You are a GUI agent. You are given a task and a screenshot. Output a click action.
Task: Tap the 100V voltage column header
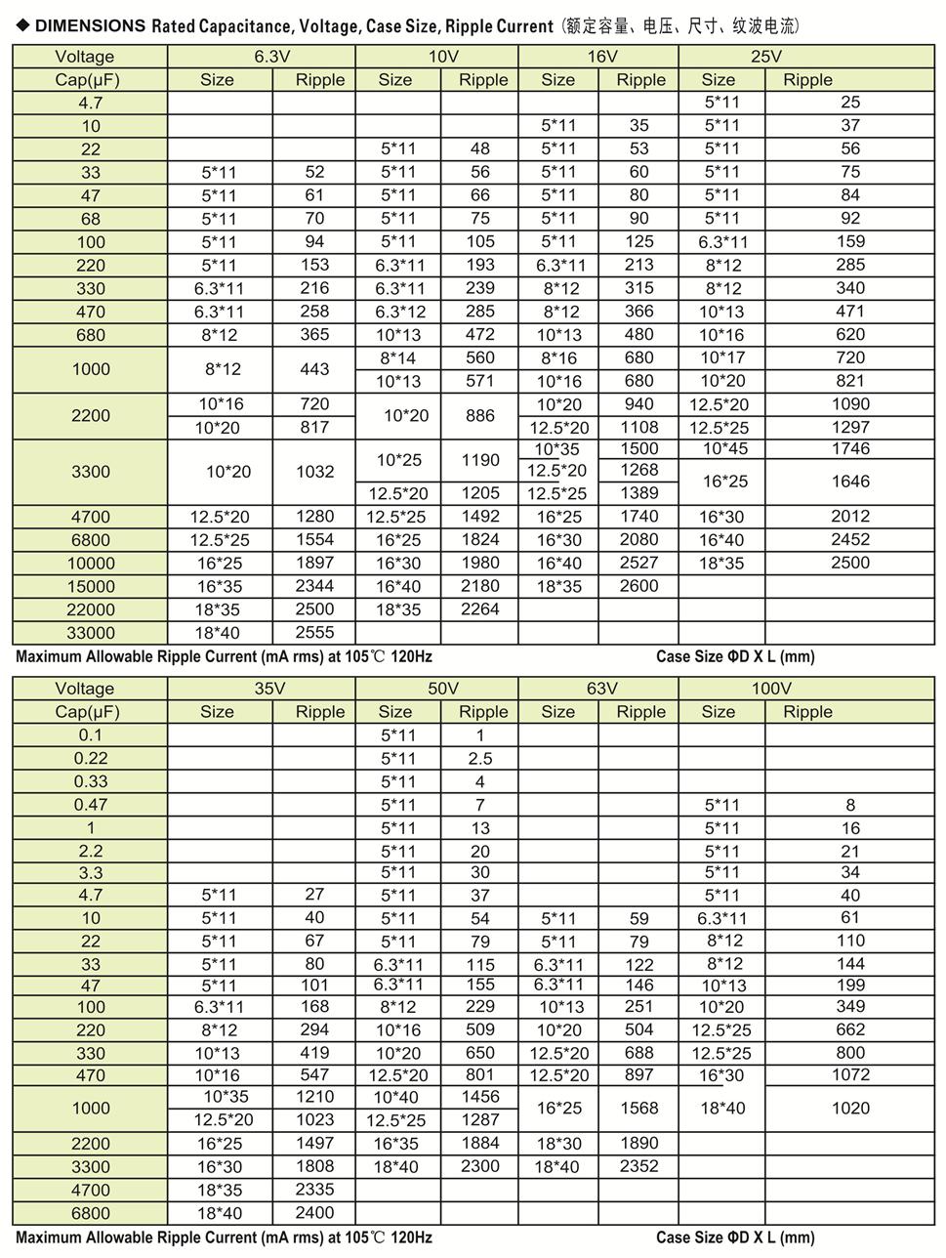770,689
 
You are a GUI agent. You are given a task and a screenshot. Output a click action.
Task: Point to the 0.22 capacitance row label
91,758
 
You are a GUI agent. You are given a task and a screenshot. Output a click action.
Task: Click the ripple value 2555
314,632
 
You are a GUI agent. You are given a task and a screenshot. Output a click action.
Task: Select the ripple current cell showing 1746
850,448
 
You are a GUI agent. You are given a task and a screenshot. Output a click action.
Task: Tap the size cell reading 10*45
723,448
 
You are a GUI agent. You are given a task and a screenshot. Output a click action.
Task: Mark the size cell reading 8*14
398,357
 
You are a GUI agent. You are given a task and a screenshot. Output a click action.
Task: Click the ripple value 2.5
480,758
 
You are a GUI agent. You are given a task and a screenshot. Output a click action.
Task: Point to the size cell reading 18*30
558,1143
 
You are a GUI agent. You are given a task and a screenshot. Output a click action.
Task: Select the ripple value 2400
314,1212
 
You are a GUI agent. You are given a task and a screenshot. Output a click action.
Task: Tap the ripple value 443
314,369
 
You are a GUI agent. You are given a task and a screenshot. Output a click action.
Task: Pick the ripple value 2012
850,516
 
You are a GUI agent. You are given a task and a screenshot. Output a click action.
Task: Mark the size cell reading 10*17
722,357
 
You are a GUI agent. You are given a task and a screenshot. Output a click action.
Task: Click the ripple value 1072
850,1074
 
